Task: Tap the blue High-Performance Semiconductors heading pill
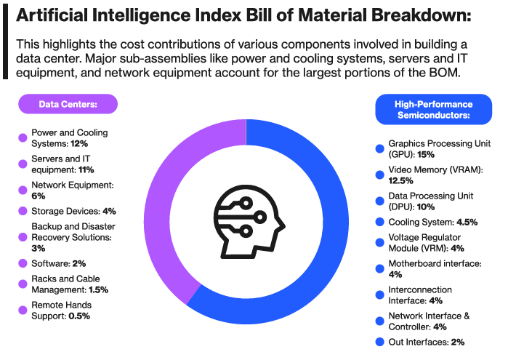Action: (x=433, y=110)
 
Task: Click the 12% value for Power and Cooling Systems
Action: (x=80, y=144)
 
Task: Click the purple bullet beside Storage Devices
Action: (x=22, y=212)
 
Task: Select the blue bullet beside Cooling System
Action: (x=379, y=222)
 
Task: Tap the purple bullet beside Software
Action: (x=22, y=263)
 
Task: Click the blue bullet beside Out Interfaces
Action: (x=379, y=342)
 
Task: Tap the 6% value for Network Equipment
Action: (x=39, y=196)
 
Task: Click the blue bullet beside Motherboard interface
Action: (x=379, y=268)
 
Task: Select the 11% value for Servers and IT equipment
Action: (x=85, y=169)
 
